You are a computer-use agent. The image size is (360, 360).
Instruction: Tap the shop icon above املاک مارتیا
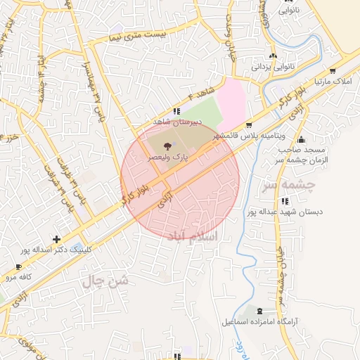click(331, 71)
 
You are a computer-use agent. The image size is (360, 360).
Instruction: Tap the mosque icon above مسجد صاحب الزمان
click(302, 139)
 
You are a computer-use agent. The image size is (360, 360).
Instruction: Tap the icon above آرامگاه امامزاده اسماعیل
click(261, 311)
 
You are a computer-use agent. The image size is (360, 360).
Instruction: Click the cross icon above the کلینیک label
click(56, 239)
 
